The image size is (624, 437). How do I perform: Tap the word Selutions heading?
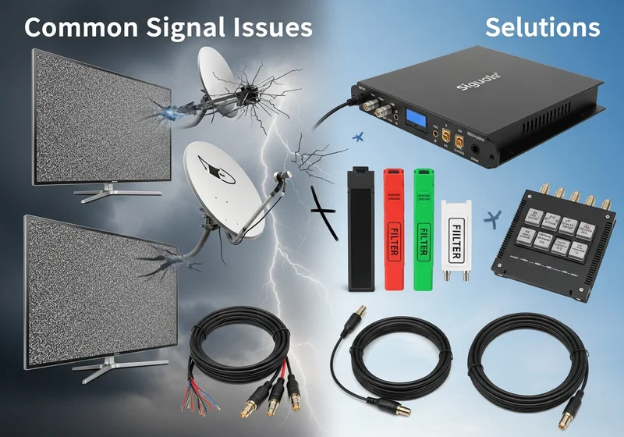click(x=542, y=27)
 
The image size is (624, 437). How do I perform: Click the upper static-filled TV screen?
click(x=94, y=117)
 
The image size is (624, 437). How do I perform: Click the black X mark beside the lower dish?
click(x=327, y=211)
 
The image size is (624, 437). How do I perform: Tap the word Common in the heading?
click(x=74, y=27)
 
